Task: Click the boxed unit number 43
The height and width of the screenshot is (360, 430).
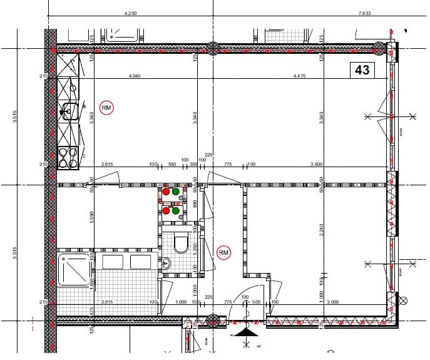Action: coord(362,70)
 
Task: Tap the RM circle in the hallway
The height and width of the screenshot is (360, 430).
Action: coord(224,252)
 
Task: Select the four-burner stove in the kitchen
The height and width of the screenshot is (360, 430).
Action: coord(68,156)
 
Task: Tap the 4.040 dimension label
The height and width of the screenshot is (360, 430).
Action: coord(134,76)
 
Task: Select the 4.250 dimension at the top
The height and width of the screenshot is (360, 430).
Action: coord(131,13)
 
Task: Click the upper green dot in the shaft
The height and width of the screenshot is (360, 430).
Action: coord(177,192)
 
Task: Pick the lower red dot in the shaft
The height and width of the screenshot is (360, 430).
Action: coord(166,211)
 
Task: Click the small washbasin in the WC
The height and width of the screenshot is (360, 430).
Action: coord(166,264)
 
